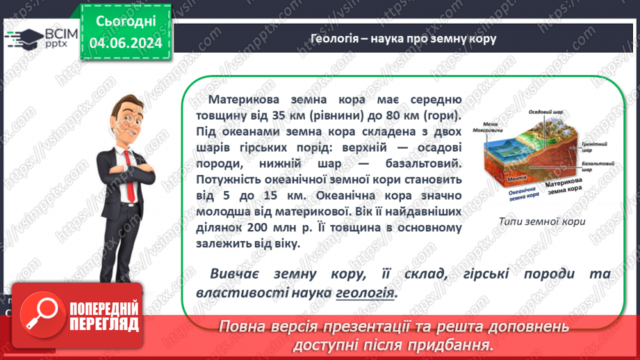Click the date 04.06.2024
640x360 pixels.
click(x=126, y=43)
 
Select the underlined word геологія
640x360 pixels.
click(x=365, y=293)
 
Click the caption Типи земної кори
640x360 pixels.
click(x=542, y=222)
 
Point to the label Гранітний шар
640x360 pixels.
click(x=582, y=147)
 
